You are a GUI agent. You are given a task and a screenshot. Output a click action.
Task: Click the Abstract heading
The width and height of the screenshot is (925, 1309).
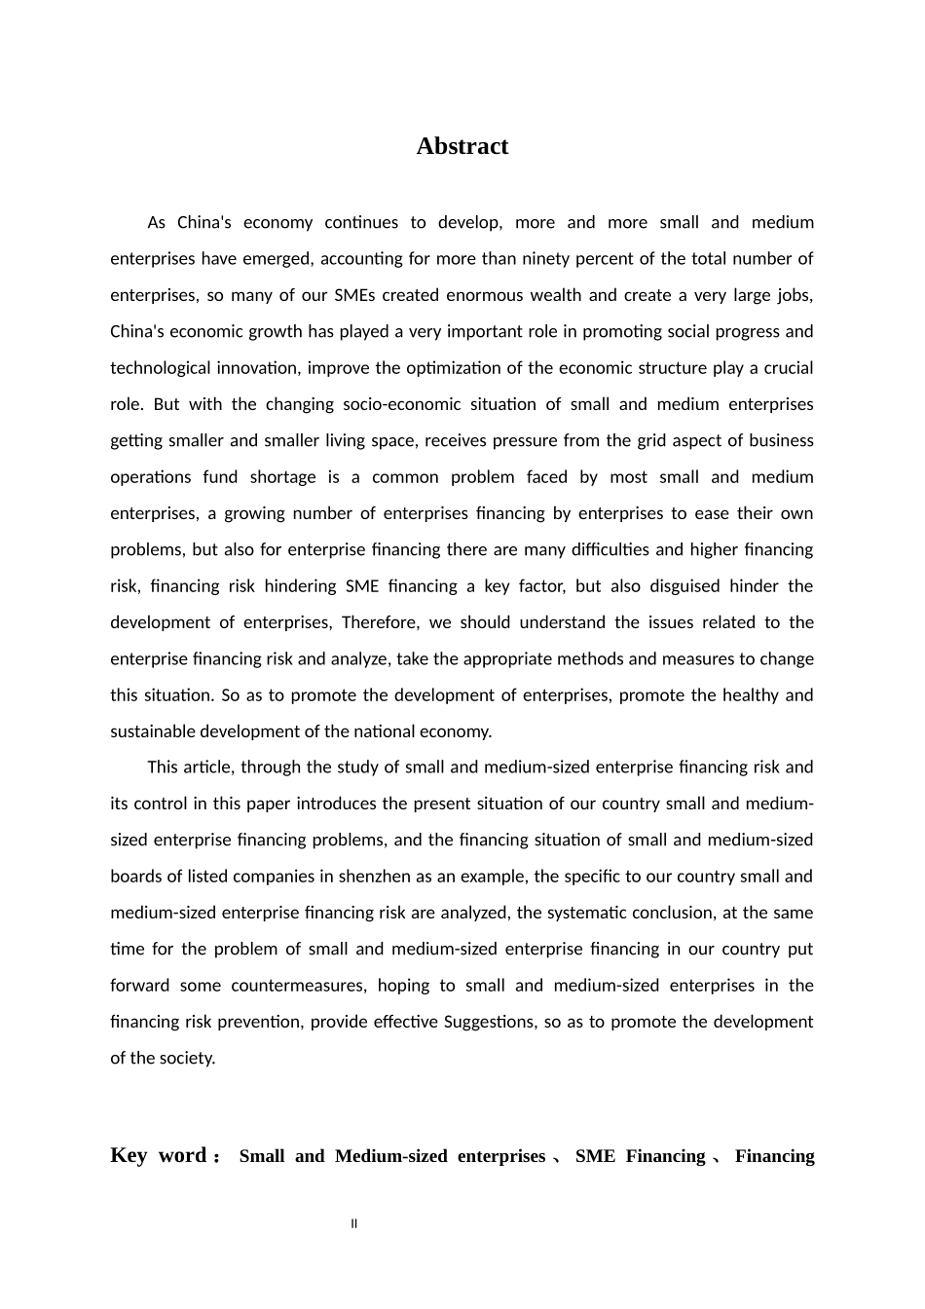click(462, 146)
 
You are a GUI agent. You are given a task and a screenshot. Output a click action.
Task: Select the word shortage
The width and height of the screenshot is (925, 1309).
click(282, 477)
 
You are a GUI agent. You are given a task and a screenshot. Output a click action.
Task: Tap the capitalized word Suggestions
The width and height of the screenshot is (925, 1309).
click(489, 1022)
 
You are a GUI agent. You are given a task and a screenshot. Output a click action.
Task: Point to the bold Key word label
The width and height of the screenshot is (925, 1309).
click(158, 1156)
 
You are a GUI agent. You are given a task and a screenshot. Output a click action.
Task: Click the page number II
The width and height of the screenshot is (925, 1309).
click(353, 1224)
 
